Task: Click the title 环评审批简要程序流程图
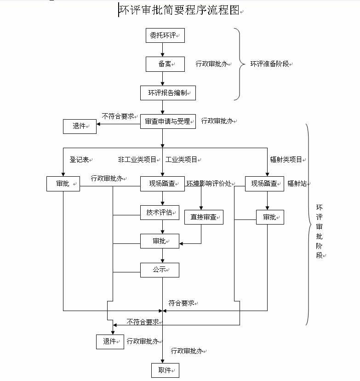[179, 10]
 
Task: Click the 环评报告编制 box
[168, 92]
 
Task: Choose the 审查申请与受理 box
[168, 121]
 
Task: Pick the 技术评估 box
[160, 213]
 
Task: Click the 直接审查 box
[204, 217]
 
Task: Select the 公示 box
[160, 270]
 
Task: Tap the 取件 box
[165, 370]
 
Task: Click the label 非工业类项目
[137, 160]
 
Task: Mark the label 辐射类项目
[286, 160]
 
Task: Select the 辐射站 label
[297, 184]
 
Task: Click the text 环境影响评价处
[208, 184]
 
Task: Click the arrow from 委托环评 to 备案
[162, 50]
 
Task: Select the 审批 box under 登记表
[63, 184]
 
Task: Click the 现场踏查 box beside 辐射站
[264, 184]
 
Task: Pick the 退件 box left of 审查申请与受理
[80, 126]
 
